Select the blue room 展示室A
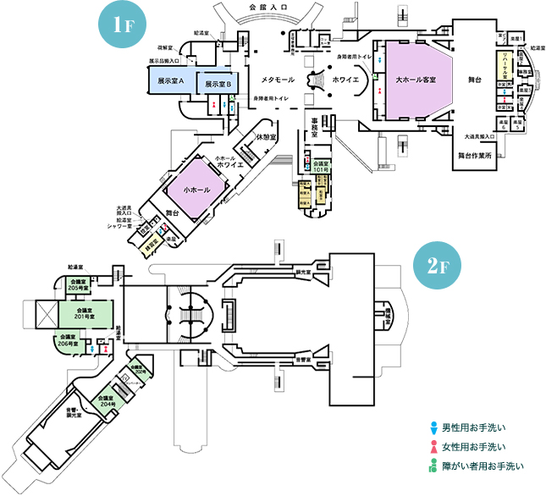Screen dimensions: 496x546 170,80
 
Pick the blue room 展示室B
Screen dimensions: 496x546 218,84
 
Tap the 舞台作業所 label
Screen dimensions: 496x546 481,156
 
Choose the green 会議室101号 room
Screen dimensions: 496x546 321,167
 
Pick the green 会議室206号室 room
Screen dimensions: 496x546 69,340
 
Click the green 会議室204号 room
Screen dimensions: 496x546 106,400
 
